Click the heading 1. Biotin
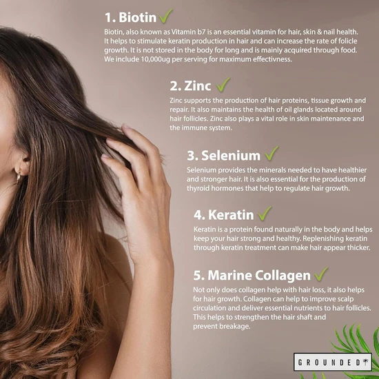(130, 17)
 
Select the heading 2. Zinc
(191, 86)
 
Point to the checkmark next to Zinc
(223, 84)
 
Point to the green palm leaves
(355, 348)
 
